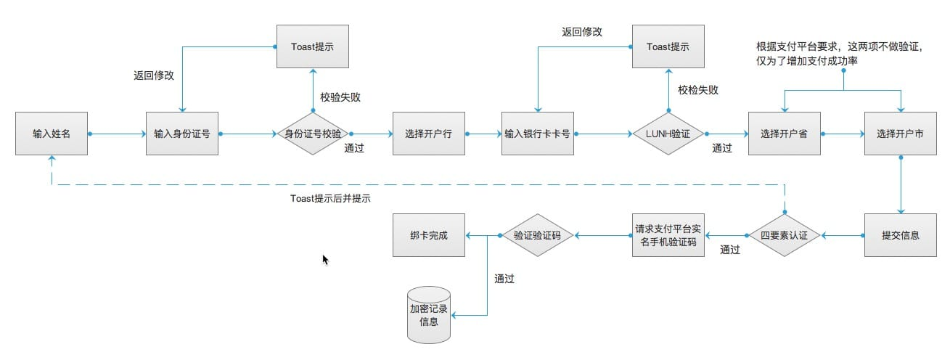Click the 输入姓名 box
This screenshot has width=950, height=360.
[52, 134]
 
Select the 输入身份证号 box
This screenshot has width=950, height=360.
[182, 134]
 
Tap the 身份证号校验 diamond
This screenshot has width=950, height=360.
[313, 134]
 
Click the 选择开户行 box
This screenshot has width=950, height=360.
[428, 134]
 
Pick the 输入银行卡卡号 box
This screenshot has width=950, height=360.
[537, 134]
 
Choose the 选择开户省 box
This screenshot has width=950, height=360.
[784, 134]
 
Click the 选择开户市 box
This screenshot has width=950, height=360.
[900, 134]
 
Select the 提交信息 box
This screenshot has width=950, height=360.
[900, 235]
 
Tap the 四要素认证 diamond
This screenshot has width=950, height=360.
[784, 235]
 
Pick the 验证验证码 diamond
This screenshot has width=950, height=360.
[537, 235]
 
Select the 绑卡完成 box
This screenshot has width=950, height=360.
[428, 235]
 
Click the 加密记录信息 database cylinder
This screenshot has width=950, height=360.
[428, 314]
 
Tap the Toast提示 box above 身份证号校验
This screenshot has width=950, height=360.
[313, 46]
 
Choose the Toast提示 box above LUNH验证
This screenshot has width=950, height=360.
[668, 46]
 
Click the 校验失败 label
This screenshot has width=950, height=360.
[340, 97]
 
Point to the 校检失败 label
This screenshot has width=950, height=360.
[698, 90]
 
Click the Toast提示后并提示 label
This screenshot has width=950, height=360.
[330, 198]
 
